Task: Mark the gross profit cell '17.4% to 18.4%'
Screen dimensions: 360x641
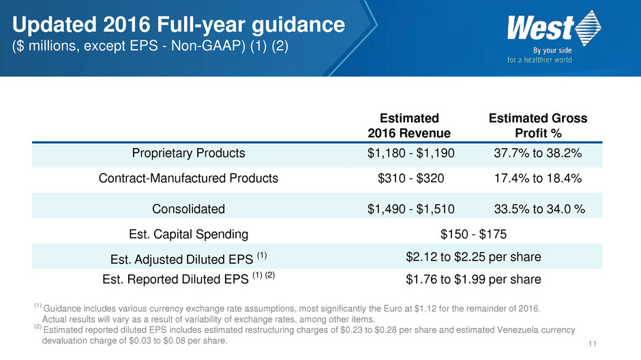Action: point(538,179)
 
